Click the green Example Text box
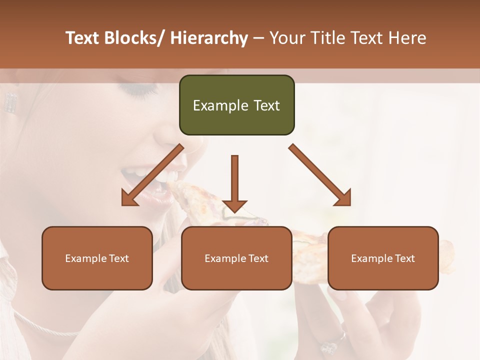click(236, 105)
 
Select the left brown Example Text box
click(97, 258)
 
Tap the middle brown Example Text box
click(236, 258)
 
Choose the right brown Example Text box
click(383, 258)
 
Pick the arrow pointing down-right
click(320, 175)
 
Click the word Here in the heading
click(406, 38)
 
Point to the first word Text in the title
click(82, 38)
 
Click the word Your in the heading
click(286, 38)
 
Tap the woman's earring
click(10, 102)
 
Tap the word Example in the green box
click(213, 105)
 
